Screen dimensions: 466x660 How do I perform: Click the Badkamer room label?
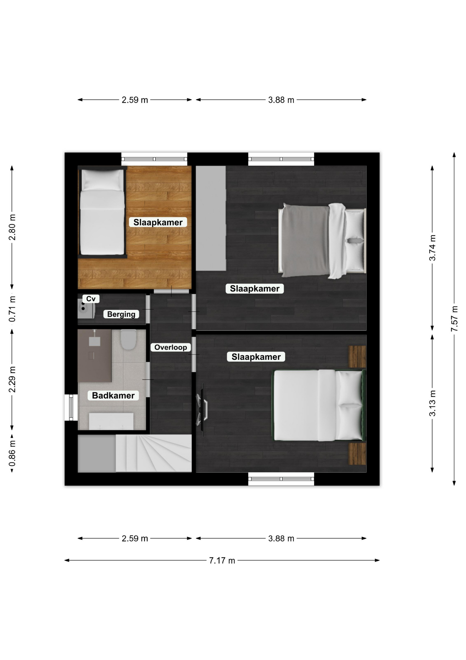(113, 395)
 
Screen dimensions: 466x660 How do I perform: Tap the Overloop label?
(171, 347)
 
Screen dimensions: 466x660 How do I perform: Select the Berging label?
(121, 314)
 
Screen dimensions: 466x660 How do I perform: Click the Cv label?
(91, 299)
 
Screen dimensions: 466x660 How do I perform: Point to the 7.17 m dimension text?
(222, 560)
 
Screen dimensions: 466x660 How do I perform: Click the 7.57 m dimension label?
(454, 319)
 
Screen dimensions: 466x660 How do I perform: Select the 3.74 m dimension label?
(432, 248)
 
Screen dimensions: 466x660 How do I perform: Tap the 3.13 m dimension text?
(432, 403)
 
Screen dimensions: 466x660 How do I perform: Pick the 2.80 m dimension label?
(12, 227)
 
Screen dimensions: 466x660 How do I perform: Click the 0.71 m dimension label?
(12, 309)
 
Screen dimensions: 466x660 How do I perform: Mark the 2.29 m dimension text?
(12, 379)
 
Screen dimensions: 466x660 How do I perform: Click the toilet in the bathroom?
(129, 340)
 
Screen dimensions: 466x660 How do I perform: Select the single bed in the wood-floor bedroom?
(102, 212)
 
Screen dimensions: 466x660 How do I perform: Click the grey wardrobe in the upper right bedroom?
(211, 218)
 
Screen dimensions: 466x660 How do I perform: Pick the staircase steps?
(153, 453)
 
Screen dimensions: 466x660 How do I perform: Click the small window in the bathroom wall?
(71, 407)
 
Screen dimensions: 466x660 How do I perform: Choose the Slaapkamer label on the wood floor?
(158, 222)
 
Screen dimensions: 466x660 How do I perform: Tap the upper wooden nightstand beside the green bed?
(358, 356)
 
